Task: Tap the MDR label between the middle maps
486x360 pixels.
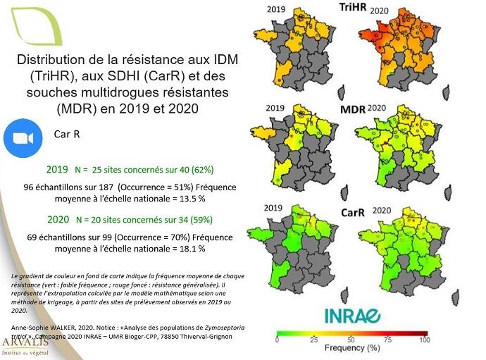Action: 353,111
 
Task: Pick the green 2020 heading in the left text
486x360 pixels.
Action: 57,219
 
